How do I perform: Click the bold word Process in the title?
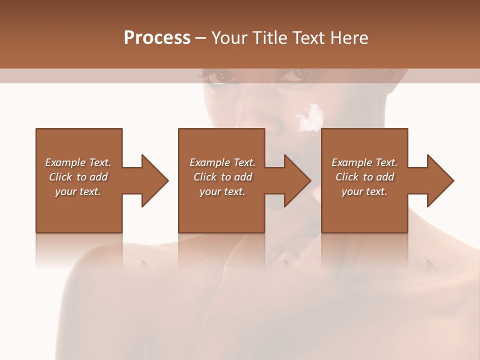pyautogui.click(x=157, y=38)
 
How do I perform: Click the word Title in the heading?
pyautogui.click(x=269, y=38)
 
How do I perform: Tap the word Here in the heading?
pyautogui.click(x=349, y=38)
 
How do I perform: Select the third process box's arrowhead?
pyautogui.click(x=439, y=180)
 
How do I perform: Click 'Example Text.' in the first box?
pyautogui.click(x=78, y=162)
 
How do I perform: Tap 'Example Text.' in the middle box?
pyautogui.click(x=222, y=162)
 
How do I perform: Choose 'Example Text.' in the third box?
pyautogui.click(x=364, y=162)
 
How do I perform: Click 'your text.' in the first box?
pyautogui.click(x=78, y=191)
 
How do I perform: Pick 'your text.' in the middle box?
pyautogui.click(x=222, y=191)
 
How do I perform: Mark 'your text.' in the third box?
pyautogui.click(x=364, y=191)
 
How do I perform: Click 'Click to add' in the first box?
pyautogui.click(x=78, y=177)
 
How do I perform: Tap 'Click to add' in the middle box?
pyautogui.click(x=222, y=177)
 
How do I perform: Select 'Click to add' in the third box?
pyautogui.click(x=364, y=177)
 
